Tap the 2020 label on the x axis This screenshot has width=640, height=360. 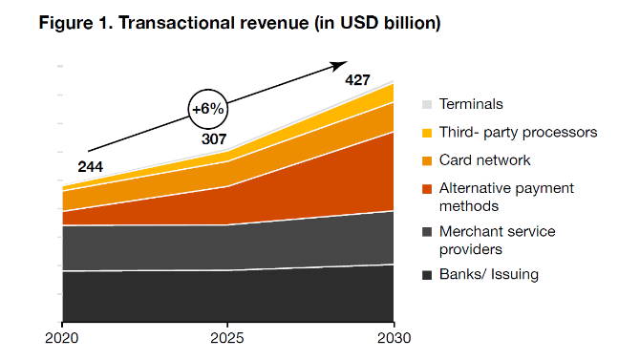pos(62,337)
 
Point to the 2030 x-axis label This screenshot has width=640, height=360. pos(393,337)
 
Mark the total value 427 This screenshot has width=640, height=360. pos(358,79)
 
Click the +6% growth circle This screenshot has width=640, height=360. pos(207,109)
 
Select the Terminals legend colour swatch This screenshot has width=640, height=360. pos(427,104)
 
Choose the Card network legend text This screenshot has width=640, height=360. pos(484,159)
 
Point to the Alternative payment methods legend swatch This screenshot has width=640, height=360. pos(427,188)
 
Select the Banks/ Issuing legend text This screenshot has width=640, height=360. pos(488,275)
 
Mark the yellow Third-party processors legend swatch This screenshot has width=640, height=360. pos(427,132)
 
